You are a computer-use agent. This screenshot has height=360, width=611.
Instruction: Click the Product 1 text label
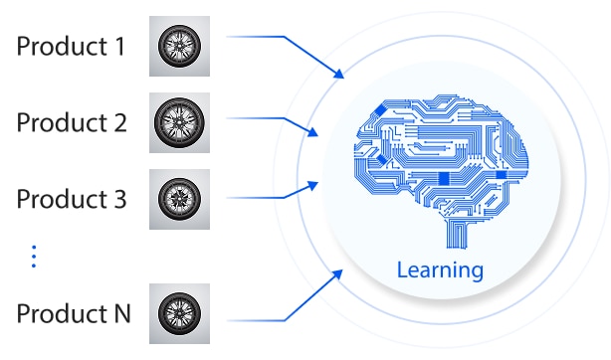[x=71, y=47]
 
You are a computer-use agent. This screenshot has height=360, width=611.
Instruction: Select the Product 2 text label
[x=72, y=122]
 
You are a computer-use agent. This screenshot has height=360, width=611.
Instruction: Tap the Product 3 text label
[x=72, y=199]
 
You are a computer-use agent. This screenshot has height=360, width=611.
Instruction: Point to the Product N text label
[x=74, y=313]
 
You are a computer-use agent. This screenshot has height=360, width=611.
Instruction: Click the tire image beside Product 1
[x=180, y=46]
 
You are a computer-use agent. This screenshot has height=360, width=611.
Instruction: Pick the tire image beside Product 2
[x=180, y=122]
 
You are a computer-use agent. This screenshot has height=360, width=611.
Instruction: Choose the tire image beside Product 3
[x=180, y=199]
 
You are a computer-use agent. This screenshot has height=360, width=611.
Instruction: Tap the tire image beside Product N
[x=180, y=313]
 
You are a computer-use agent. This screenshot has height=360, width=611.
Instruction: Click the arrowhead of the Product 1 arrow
[x=338, y=74]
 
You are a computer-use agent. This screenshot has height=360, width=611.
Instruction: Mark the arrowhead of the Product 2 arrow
[x=312, y=131]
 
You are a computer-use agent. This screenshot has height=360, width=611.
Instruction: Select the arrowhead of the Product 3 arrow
[x=312, y=185]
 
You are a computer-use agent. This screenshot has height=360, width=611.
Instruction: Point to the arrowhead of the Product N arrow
[x=337, y=274]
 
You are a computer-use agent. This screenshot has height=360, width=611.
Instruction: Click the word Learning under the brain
[x=440, y=270]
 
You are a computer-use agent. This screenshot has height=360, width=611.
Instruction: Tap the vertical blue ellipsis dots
[x=34, y=257]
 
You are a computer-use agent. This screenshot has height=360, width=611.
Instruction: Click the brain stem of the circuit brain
[x=457, y=234]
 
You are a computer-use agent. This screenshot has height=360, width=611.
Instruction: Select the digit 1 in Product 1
[x=120, y=47]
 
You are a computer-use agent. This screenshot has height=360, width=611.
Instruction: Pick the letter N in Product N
[x=122, y=313]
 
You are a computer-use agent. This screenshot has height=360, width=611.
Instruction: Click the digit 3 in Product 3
[x=120, y=199]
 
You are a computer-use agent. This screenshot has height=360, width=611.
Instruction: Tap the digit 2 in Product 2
[x=120, y=122]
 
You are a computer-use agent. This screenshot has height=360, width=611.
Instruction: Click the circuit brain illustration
[x=441, y=171]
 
